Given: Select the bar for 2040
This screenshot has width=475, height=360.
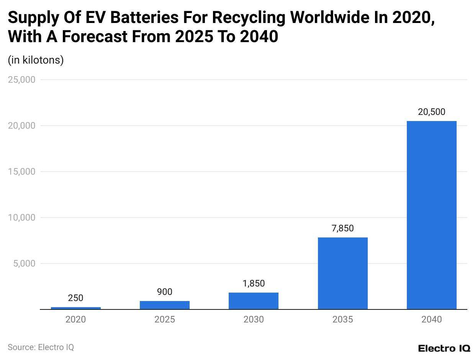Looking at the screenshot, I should [x=431, y=215].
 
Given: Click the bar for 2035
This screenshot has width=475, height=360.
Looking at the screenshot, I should [x=342, y=273].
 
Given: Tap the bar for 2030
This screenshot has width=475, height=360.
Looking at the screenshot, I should [x=254, y=301].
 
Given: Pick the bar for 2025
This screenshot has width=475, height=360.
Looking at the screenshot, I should [x=165, y=305].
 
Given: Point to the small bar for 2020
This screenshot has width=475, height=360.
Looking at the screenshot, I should [x=76, y=308].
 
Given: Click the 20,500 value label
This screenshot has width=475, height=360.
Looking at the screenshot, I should [x=431, y=112].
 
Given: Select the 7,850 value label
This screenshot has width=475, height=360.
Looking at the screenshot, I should [x=342, y=228].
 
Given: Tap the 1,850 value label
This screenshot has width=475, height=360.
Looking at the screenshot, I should [x=254, y=283].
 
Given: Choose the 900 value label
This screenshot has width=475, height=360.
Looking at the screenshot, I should [x=165, y=292].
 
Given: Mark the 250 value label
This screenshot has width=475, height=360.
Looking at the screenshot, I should [x=76, y=298].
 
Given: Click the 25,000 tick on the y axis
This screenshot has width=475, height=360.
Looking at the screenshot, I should [x=22, y=80].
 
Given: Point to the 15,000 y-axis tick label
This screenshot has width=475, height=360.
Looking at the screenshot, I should [x=22, y=172].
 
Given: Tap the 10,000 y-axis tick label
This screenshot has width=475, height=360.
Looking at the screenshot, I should [x=22, y=218].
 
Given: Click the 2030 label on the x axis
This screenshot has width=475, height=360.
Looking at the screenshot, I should [x=254, y=319].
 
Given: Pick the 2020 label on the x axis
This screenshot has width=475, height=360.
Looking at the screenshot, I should [x=76, y=319].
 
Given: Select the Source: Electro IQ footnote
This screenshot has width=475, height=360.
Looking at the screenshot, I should [x=41, y=347].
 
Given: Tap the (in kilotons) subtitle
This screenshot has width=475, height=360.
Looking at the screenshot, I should [x=36, y=60].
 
